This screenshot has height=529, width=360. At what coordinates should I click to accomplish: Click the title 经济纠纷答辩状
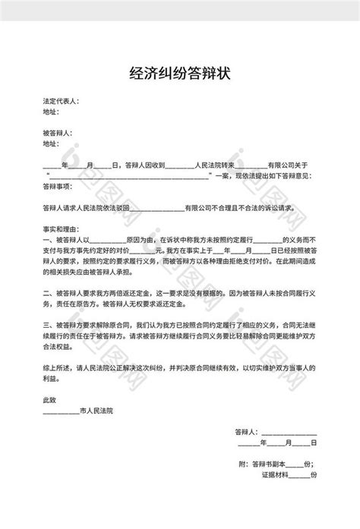pyautogui.click(x=180, y=74)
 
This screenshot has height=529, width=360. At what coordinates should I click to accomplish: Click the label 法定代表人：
pyautogui.click(x=62, y=101)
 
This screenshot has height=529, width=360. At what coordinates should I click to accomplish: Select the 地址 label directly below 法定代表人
pyautogui.click(x=51, y=111)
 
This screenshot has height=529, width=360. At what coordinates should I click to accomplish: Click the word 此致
pyautogui.click(x=50, y=401)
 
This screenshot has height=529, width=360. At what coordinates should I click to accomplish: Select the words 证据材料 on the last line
pyautogui.click(x=274, y=473)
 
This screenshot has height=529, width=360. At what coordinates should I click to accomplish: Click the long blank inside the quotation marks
pyautogui.click(x=130, y=174)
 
